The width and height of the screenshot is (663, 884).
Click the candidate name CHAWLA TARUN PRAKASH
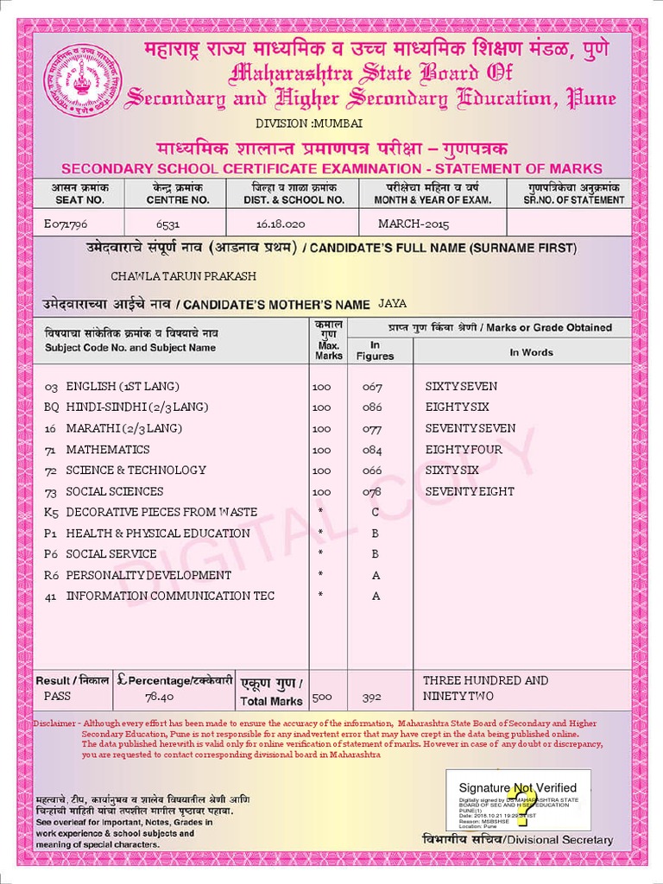coord(184,275)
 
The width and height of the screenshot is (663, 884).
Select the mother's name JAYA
coord(392,304)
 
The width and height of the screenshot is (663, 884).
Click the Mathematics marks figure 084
coord(372,450)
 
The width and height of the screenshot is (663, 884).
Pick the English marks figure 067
coord(372,387)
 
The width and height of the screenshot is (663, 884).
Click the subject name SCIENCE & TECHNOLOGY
coord(136,470)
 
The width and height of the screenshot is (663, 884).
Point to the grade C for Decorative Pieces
coord(376,512)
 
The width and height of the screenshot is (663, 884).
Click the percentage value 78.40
coord(160,697)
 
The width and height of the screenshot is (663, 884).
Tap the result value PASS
coord(58,696)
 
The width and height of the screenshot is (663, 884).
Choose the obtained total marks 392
coord(372,697)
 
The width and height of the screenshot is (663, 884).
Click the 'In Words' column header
coord(531,352)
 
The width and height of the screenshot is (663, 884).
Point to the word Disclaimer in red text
coord(54,723)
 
